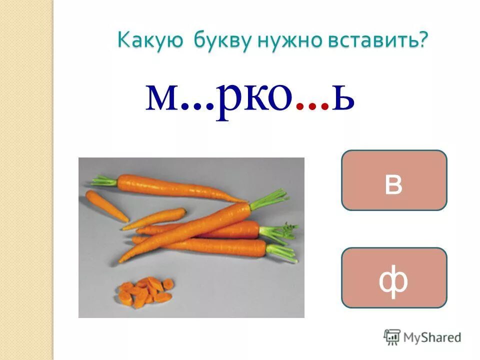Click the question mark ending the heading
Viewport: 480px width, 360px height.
click(424, 39)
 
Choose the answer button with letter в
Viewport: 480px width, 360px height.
click(393, 180)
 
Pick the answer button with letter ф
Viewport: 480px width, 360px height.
click(393, 277)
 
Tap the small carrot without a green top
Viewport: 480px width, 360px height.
click(106, 205)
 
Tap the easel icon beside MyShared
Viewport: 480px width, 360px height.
click(392, 337)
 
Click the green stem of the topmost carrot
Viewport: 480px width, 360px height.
click(104, 180)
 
